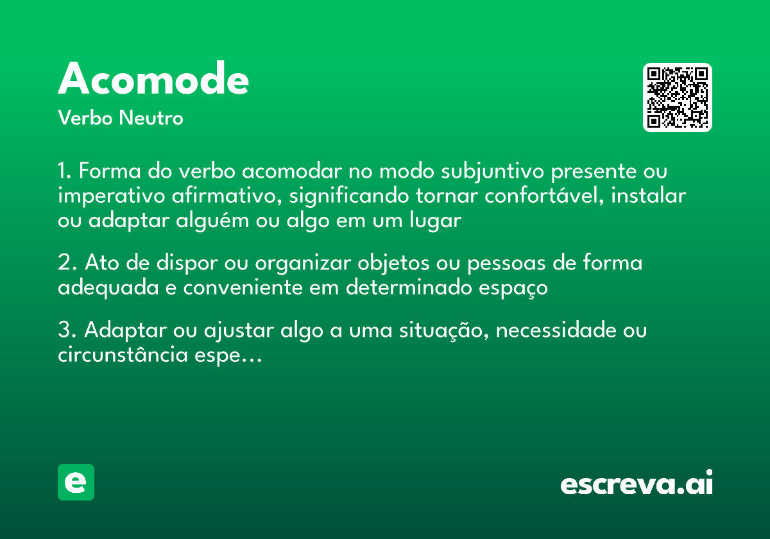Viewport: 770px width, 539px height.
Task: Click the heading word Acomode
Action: click(x=153, y=80)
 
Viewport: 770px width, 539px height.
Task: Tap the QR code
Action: click(x=678, y=98)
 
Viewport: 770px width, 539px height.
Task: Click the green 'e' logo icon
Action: click(x=76, y=482)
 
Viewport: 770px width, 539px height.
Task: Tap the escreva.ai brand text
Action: click(x=637, y=484)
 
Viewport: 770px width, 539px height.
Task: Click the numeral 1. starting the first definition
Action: click(x=65, y=172)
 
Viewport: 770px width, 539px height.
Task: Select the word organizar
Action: click(x=302, y=263)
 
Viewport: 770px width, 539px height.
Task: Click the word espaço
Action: click(x=511, y=287)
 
